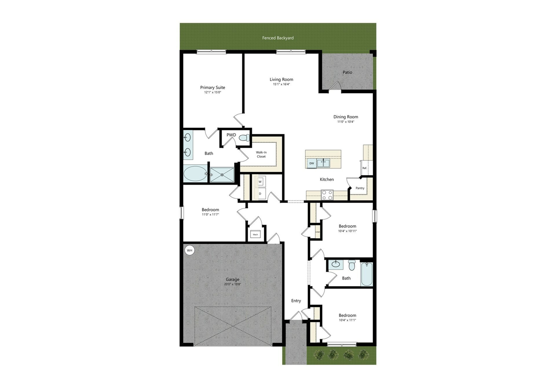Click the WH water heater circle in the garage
click(x=189, y=250)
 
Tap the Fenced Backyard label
click(x=278, y=38)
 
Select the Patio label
click(x=347, y=72)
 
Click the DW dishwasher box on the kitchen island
click(x=312, y=163)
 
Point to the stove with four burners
click(x=327, y=195)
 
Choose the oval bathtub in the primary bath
click(x=195, y=174)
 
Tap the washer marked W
click(x=260, y=182)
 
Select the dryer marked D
click(x=260, y=194)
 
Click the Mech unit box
click(x=255, y=234)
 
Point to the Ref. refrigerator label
click(x=365, y=168)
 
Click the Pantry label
click(x=360, y=188)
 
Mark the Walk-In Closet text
click(x=261, y=154)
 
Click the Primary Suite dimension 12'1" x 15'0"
click(x=213, y=92)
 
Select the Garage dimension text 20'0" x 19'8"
click(x=233, y=284)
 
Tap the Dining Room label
click(x=345, y=117)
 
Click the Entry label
click(x=296, y=301)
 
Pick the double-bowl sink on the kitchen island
click(x=323, y=163)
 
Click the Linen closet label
click(x=317, y=232)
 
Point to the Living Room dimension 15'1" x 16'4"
click(x=281, y=84)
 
